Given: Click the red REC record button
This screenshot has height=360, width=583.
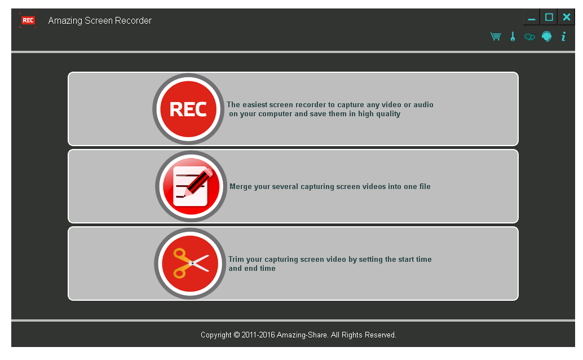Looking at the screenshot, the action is pyautogui.click(x=188, y=109).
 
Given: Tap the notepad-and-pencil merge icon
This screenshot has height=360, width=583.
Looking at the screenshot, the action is pyautogui.click(x=191, y=186).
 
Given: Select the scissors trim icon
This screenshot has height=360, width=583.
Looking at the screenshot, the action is pyautogui.click(x=190, y=264).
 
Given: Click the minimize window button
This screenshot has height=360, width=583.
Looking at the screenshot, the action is pyautogui.click(x=532, y=17).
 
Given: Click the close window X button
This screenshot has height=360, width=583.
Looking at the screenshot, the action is pyautogui.click(x=566, y=17).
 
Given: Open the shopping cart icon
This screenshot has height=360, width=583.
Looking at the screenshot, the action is pyautogui.click(x=496, y=37).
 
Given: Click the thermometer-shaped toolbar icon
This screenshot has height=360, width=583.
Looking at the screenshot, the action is pyautogui.click(x=513, y=37).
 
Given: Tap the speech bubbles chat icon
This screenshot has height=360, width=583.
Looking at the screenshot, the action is pyautogui.click(x=529, y=37).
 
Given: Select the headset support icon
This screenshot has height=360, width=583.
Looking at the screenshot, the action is pyautogui.click(x=546, y=37).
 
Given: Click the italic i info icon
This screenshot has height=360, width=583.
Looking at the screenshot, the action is pyautogui.click(x=564, y=37).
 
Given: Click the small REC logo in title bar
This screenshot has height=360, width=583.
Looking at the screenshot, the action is pyautogui.click(x=28, y=20).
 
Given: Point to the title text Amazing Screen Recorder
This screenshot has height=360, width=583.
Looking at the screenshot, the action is pyautogui.click(x=100, y=20).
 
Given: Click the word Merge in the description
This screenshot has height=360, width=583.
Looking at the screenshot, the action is pyautogui.click(x=241, y=187).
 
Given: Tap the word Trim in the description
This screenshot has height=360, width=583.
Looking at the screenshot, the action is pyautogui.click(x=236, y=259).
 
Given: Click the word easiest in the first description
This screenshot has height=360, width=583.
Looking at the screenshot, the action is pyautogui.click(x=255, y=104).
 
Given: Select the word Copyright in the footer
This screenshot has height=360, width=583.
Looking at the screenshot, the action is pyautogui.click(x=216, y=335).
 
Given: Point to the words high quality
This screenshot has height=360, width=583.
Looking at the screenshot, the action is pyautogui.click(x=379, y=114).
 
